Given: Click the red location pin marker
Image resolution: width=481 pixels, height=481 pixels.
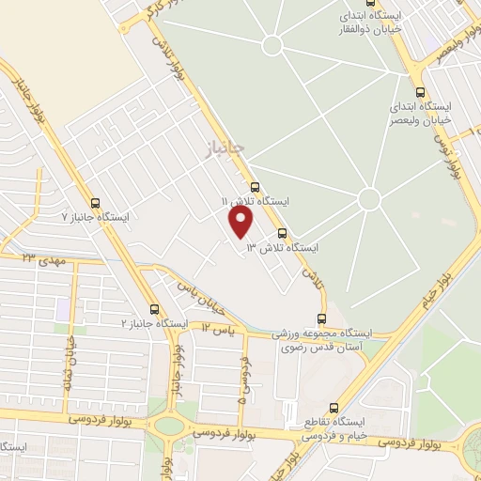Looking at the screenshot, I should point(241,223).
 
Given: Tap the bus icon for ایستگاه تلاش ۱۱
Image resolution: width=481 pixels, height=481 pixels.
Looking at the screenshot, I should point(255,187).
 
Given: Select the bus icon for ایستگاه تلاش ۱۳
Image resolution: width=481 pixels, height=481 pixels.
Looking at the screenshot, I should point(282,233).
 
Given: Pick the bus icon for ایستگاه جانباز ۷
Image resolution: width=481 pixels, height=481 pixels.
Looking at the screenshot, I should point(94,202).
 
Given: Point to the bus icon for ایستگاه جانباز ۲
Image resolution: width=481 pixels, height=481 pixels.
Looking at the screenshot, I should point(154,309).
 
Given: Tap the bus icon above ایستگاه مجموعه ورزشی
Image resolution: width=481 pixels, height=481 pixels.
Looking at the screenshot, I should point(322,319).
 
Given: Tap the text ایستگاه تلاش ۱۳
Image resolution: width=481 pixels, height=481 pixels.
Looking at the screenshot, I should point(282,248).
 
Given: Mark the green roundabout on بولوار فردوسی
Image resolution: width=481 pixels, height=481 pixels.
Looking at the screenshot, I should point(169,425).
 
